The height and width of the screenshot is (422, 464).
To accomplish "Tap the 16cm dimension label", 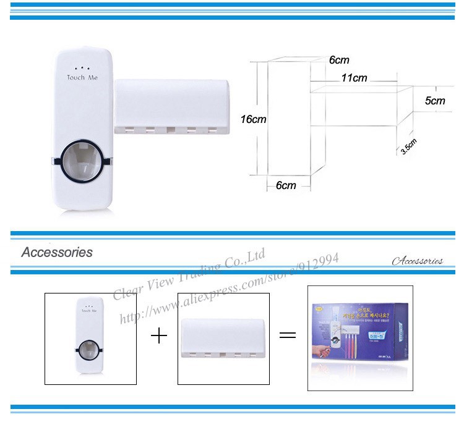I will click(253, 119).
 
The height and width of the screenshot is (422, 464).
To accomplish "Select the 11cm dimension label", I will click(354, 78).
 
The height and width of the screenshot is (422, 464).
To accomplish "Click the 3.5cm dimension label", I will click(410, 146).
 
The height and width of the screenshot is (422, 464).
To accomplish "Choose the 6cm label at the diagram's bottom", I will click(285, 185).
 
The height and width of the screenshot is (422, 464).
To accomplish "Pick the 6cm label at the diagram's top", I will click(339, 60).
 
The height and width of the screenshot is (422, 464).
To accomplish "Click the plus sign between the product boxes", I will click(159, 337).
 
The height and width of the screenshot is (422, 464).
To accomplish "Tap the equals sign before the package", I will click(288, 336).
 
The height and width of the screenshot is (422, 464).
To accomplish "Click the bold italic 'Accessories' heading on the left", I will click(57, 252).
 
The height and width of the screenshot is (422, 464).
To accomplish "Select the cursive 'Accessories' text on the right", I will click(417, 261).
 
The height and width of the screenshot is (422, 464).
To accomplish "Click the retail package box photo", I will click(359, 337).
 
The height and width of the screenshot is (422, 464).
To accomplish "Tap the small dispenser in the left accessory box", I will click(90, 337).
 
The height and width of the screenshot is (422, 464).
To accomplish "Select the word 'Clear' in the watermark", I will click(127, 290).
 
